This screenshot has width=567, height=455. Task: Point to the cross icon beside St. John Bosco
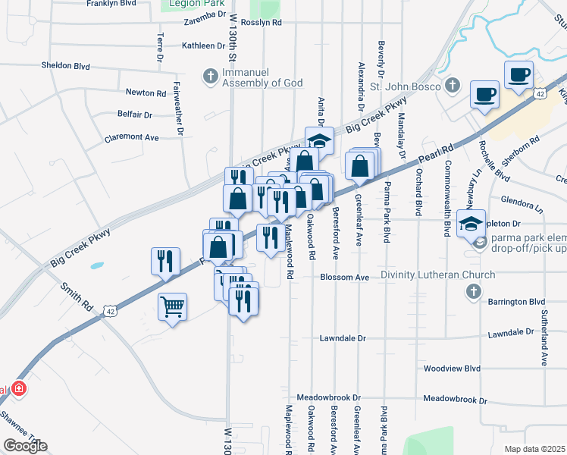(x=453, y=85)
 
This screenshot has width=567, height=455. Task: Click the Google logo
(x=24, y=446)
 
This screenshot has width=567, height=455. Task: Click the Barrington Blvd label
(x=516, y=301)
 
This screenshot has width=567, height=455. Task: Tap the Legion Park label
(x=193, y=4)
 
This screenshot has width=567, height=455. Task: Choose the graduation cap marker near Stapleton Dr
(x=471, y=223)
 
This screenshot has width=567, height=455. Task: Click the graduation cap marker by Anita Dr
(x=319, y=139)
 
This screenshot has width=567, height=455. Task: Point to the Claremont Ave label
(x=132, y=137)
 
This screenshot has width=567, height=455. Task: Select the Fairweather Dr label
(x=179, y=108)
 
